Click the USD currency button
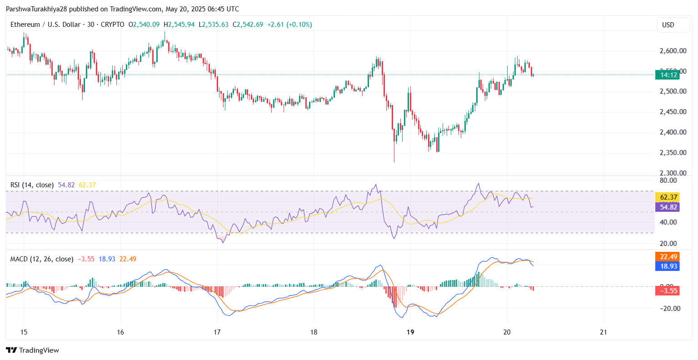pyautogui.click(x=668, y=25)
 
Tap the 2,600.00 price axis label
pyautogui.click(x=673, y=51)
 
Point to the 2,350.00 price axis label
pyautogui.click(x=673, y=153)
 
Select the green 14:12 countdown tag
pyautogui.click(x=667, y=75)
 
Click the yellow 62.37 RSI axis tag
pyautogui.click(x=667, y=197)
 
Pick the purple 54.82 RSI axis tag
pyautogui.click(x=667, y=207)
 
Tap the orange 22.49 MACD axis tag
pyautogui.click(x=667, y=257)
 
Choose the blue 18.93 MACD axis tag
pyautogui.click(x=667, y=266)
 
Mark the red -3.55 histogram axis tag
pyautogui.click(x=667, y=290)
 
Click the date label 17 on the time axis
pyautogui.click(x=217, y=332)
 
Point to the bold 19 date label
pyautogui.click(x=410, y=332)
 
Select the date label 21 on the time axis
pyautogui.click(x=603, y=332)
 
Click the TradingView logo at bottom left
pyautogui.click(x=33, y=350)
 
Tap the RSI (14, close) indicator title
pyautogui.click(x=32, y=185)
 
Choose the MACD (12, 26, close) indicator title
pyautogui.click(x=42, y=259)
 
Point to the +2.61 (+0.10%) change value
pyautogui.click(x=289, y=25)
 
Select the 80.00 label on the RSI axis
pyautogui.click(x=668, y=180)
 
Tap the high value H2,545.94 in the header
pyautogui.click(x=179, y=25)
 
